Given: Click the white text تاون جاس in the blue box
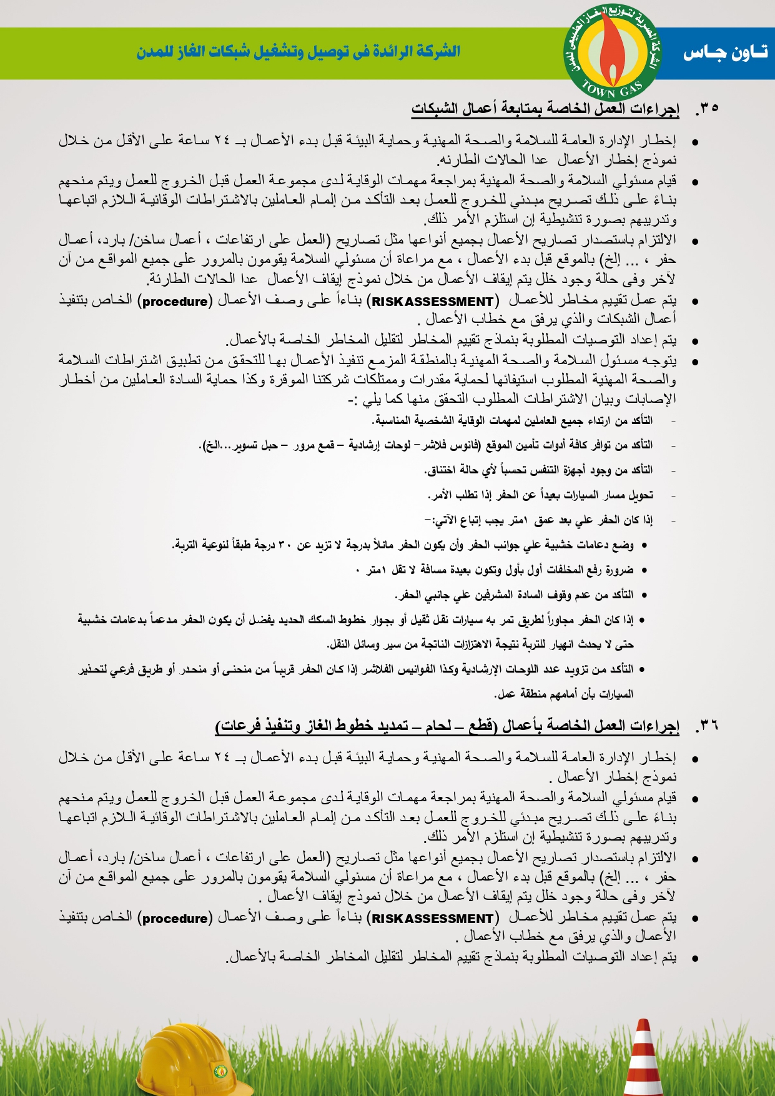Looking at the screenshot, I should [x=724, y=53].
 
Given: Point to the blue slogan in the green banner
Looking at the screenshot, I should [x=299, y=52].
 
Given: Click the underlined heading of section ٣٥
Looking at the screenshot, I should [x=545, y=109].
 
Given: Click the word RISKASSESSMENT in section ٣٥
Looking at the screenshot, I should [x=432, y=302].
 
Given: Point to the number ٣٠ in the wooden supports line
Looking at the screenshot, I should [x=284, y=545].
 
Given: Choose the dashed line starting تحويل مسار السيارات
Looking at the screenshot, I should [x=541, y=495].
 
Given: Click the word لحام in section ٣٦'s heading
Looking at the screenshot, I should [x=439, y=726].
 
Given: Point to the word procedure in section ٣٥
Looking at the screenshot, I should [x=175, y=302].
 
